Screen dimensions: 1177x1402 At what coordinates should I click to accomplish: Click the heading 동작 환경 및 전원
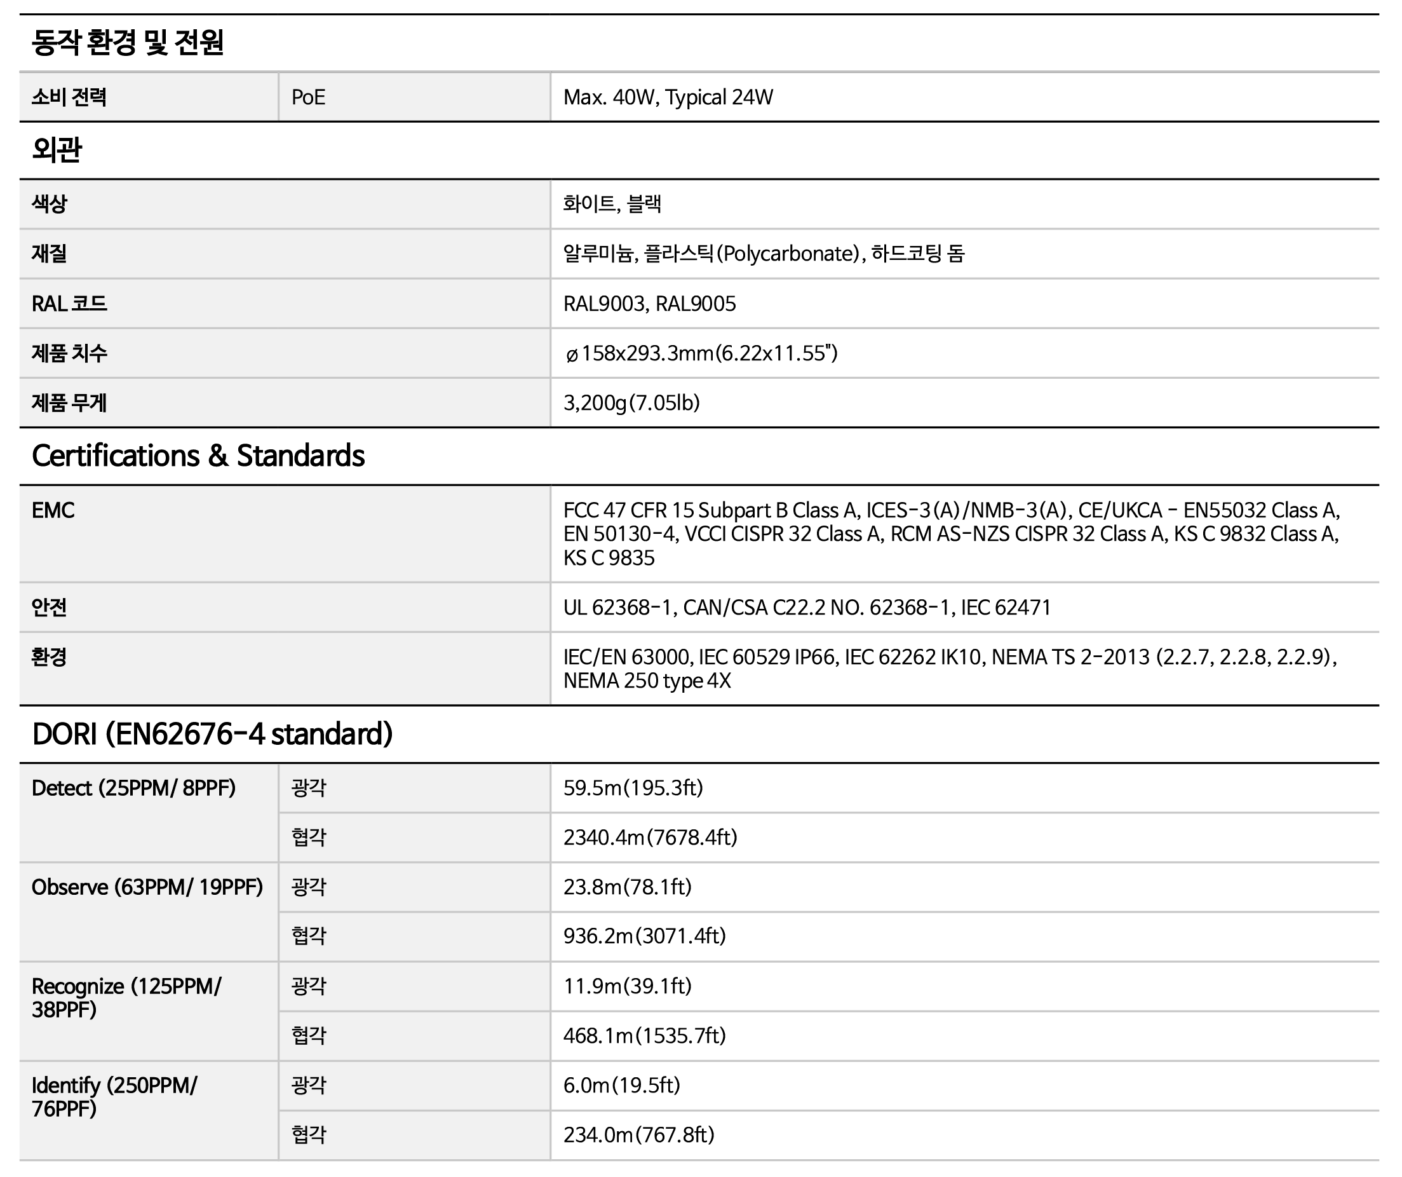click(128, 43)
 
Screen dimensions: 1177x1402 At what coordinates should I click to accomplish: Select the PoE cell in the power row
click(309, 97)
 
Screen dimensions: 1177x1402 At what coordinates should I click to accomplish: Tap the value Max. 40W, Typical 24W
click(668, 97)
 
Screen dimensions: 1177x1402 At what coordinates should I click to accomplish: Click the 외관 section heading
click(57, 149)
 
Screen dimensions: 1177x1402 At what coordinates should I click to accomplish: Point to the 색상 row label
click(50, 204)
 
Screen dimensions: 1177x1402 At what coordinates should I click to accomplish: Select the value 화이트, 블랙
click(612, 204)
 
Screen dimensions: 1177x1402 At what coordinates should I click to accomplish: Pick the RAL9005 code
click(696, 304)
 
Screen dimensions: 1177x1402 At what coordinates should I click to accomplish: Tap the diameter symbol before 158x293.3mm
click(572, 355)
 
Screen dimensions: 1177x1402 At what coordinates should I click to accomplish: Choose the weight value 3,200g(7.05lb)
click(631, 403)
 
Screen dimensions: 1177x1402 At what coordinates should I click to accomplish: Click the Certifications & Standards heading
click(198, 456)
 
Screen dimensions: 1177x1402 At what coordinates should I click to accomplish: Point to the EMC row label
click(53, 510)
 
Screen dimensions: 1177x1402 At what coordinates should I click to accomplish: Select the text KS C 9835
click(609, 558)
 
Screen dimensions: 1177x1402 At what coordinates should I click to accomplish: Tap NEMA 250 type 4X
click(647, 681)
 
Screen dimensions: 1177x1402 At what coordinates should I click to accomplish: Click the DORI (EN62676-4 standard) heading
click(212, 734)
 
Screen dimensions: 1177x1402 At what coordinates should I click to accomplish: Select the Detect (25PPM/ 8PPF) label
click(133, 788)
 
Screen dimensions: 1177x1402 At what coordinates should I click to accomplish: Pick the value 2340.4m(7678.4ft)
click(650, 838)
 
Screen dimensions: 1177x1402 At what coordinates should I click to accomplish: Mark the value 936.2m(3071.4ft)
click(644, 936)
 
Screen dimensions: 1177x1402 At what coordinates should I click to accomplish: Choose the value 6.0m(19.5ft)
click(621, 1085)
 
